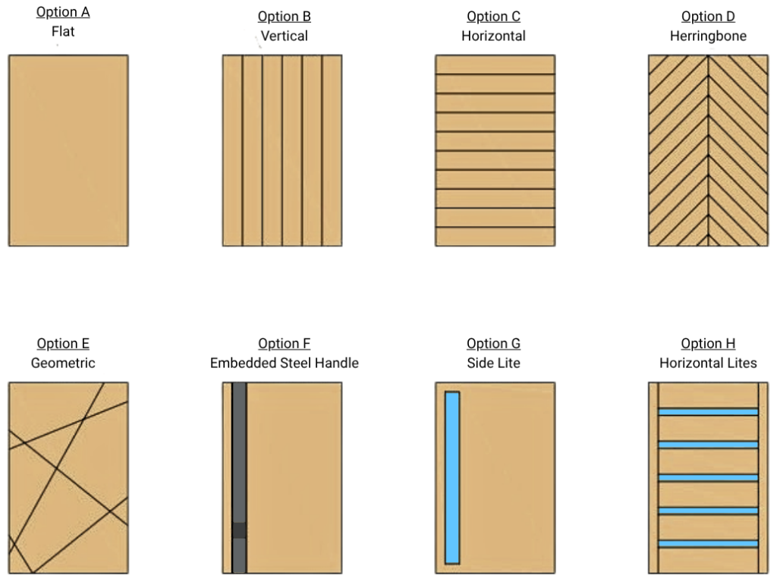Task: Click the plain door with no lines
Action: pyautogui.click(x=68, y=150)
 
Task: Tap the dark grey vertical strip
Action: pyautogui.click(x=240, y=455)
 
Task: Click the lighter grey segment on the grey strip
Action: pyautogui.click(x=240, y=530)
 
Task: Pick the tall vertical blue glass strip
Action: pyautogui.click(x=452, y=477)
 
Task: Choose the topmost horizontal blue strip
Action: pyautogui.click(x=708, y=411)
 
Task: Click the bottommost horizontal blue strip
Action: pyautogui.click(x=708, y=543)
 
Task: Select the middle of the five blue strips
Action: pyautogui.click(x=708, y=477)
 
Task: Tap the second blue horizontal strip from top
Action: pyautogui.click(x=708, y=444)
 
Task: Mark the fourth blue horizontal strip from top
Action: pyautogui.click(x=708, y=511)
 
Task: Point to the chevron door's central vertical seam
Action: pyautogui.click(x=708, y=150)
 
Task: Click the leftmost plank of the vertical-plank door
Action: pyautogui.click(x=232, y=150)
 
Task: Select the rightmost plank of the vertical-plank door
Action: pyautogui.click(x=332, y=150)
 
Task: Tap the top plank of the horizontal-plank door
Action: pyautogui.click(x=495, y=64)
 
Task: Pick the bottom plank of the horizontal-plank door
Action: pyautogui.click(x=495, y=237)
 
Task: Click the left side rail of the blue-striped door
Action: pyautogui.click(x=654, y=477)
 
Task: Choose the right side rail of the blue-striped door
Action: pyautogui.click(x=762, y=477)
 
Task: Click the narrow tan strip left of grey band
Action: pyautogui.click(x=227, y=477)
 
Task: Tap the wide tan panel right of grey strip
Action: pyautogui.click(x=294, y=477)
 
